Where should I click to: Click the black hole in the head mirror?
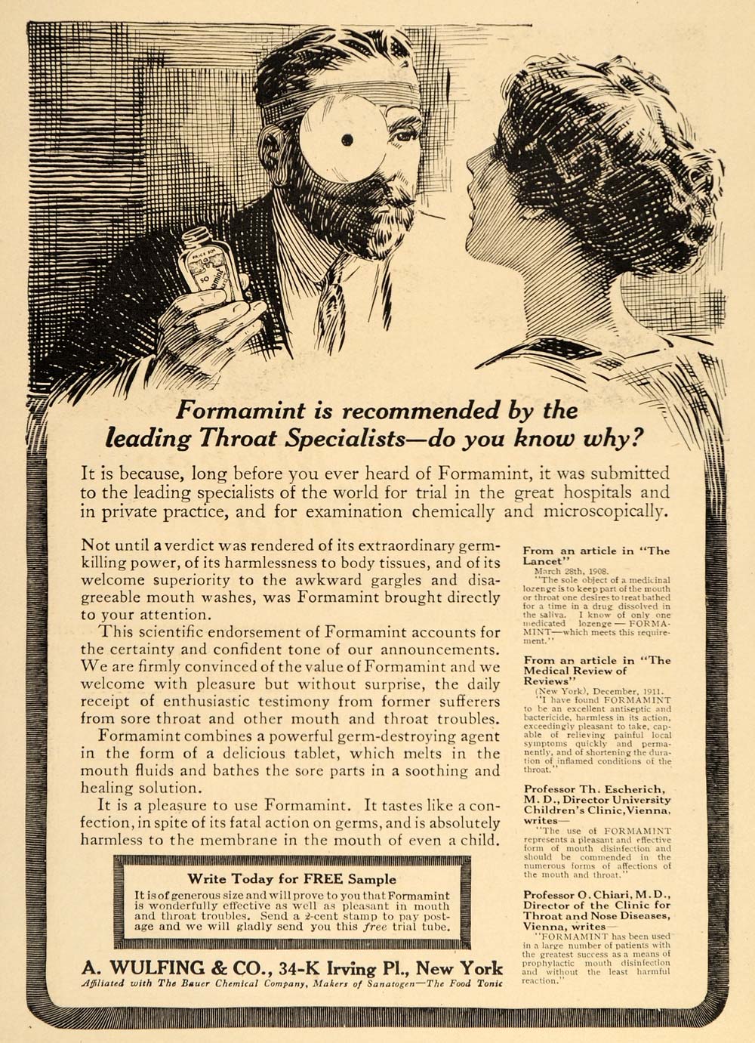(x=347, y=139)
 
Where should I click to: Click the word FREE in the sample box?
(x=324, y=878)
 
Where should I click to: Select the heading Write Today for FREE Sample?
(x=291, y=878)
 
